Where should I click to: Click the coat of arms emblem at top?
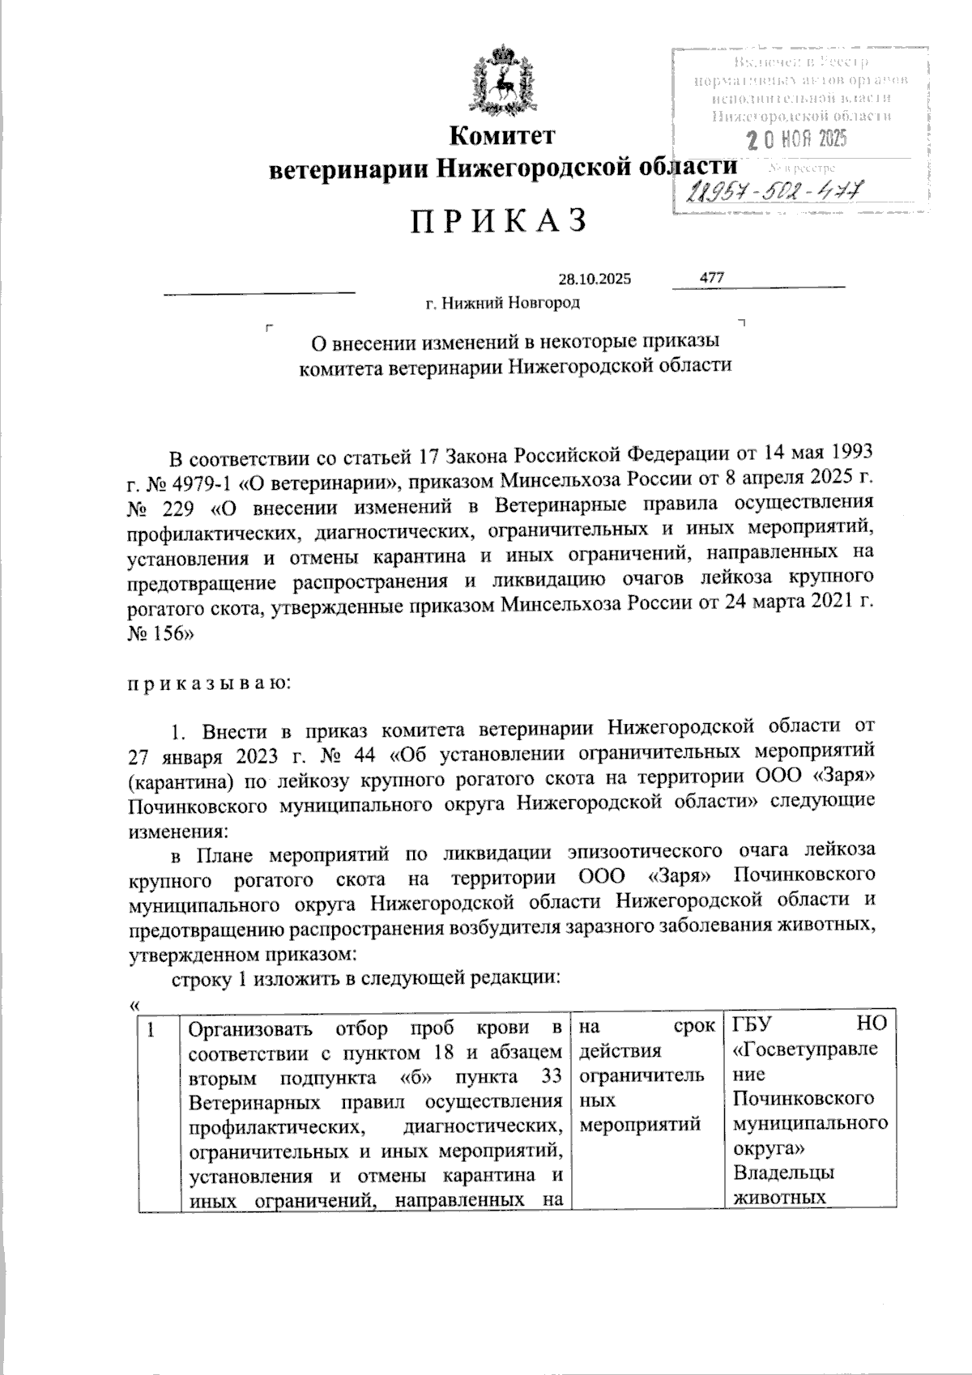point(503,82)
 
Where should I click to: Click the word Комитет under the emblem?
point(502,135)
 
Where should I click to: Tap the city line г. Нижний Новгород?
point(503,304)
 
